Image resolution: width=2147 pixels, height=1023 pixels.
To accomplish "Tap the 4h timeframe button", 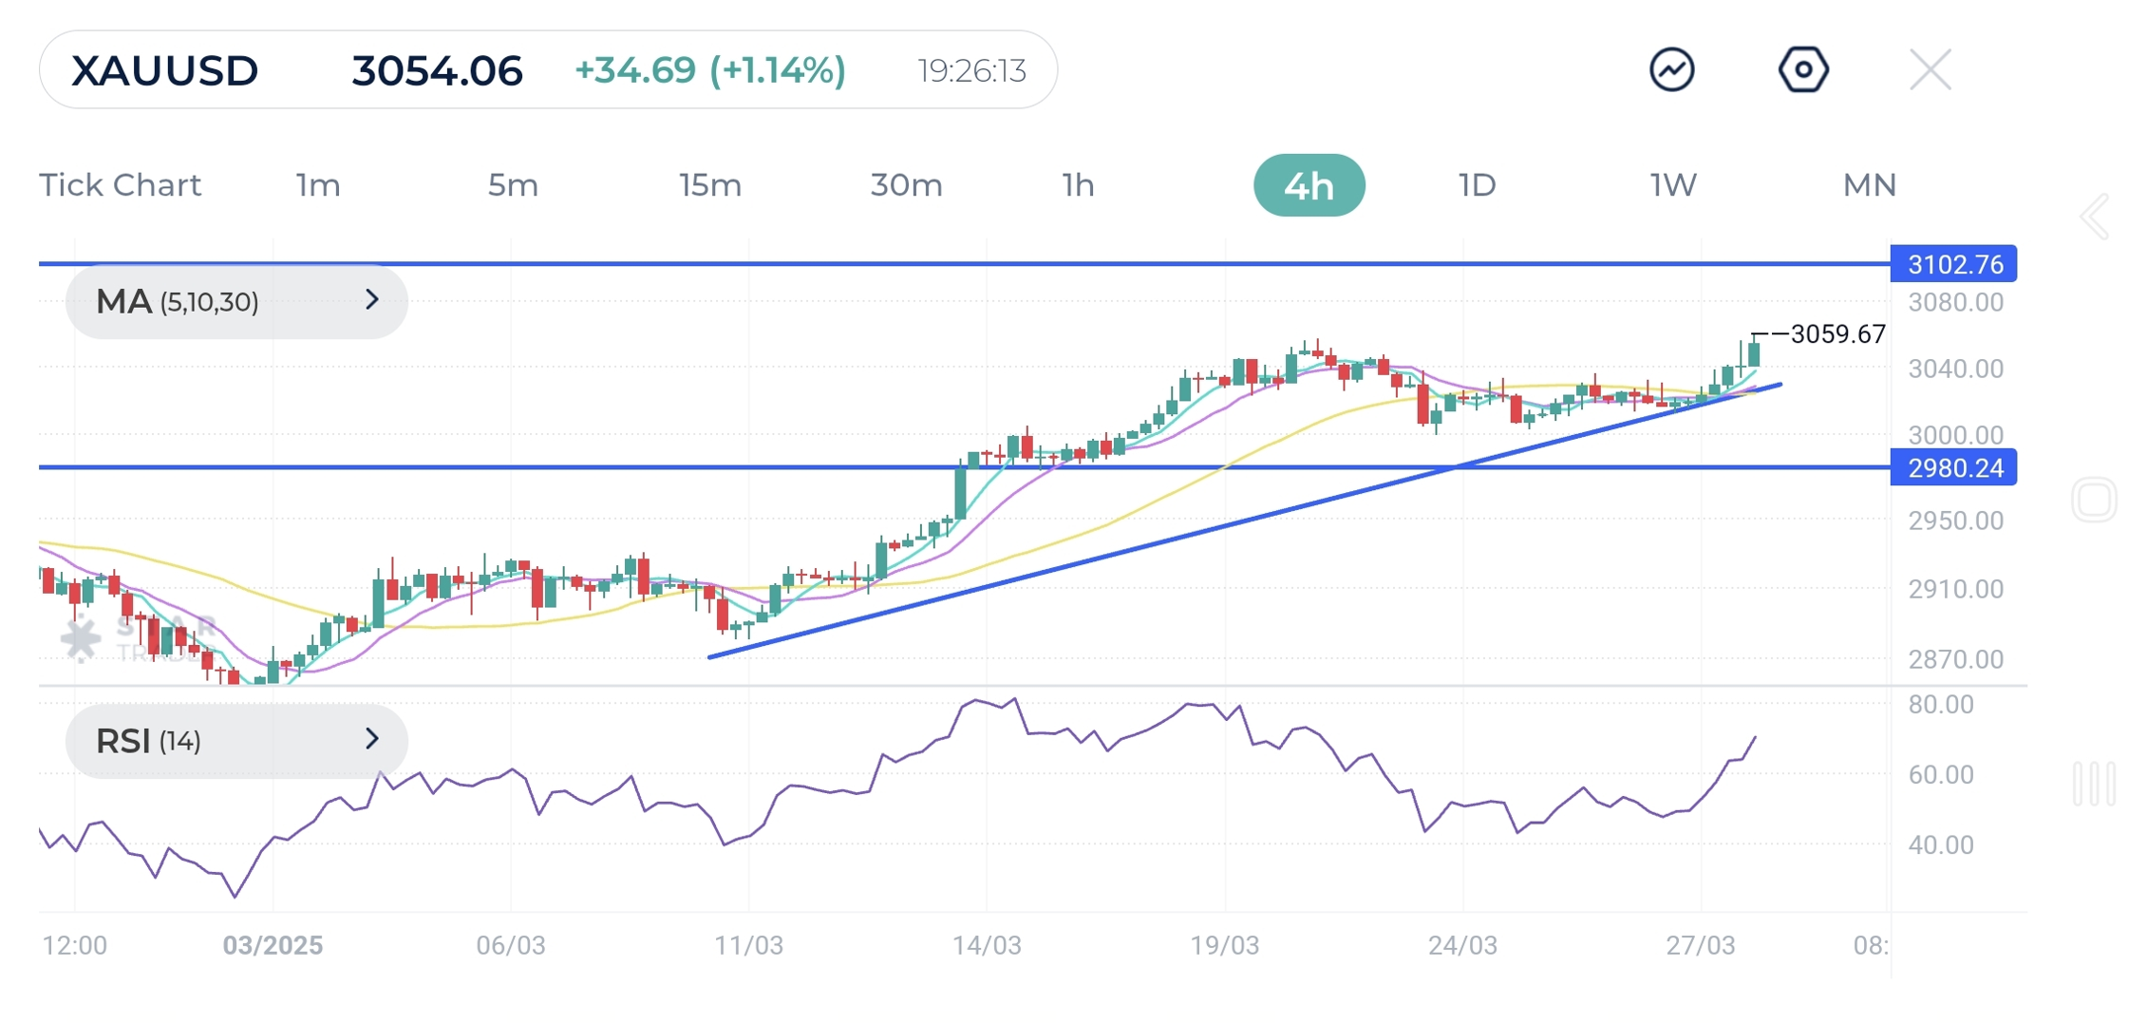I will pos(1309,185).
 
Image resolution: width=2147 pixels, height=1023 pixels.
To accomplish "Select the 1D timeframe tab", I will pos(1477,185).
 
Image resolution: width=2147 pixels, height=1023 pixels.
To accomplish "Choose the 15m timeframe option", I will pos(709,185).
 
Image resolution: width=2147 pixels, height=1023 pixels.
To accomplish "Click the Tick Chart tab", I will pos(120,185).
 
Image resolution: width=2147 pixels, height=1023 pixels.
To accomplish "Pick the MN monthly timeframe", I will pos(1869,185).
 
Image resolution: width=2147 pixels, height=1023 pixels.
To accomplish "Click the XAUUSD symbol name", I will pos(164,71).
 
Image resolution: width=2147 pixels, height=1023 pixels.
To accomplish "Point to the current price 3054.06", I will pos(437,71).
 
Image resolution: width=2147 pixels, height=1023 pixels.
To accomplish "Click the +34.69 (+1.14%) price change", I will pos(709,70).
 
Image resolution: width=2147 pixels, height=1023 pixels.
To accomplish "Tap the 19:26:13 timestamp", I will pos(971,71).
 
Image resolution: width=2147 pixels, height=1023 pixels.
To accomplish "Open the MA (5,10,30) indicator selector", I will pos(236,302).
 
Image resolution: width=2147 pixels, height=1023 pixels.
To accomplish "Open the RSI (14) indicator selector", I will pos(236,741).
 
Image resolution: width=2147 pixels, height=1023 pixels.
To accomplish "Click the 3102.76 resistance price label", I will pos(1954,264).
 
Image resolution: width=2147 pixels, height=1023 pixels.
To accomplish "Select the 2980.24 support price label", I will pos(1954,468).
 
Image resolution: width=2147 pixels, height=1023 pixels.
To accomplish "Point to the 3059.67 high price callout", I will pos(1836,334).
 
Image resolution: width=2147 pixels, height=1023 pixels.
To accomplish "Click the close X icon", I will pos(1930,70).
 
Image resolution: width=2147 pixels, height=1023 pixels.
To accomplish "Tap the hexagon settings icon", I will pos(1802,70).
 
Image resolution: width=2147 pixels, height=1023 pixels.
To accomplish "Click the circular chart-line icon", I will pos(1671,70).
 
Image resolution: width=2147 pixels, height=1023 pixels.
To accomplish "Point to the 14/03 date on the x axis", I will pos(987,946).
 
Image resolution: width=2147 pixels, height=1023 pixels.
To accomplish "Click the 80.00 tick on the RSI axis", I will pos(1940,705).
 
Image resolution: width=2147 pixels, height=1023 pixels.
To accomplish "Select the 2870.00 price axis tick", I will pos(1955,659).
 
